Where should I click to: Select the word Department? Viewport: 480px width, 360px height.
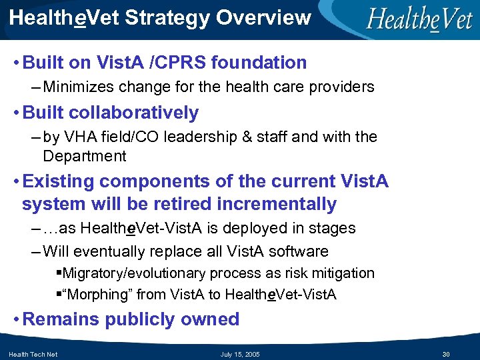pyautogui.click(x=84, y=157)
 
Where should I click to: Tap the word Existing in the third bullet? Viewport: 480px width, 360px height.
pyautogui.click(x=59, y=181)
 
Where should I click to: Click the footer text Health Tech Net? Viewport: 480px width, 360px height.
pyautogui.click(x=33, y=354)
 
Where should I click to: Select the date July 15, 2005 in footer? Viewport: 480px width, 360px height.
pyautogui.click(x=240, y=354)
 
